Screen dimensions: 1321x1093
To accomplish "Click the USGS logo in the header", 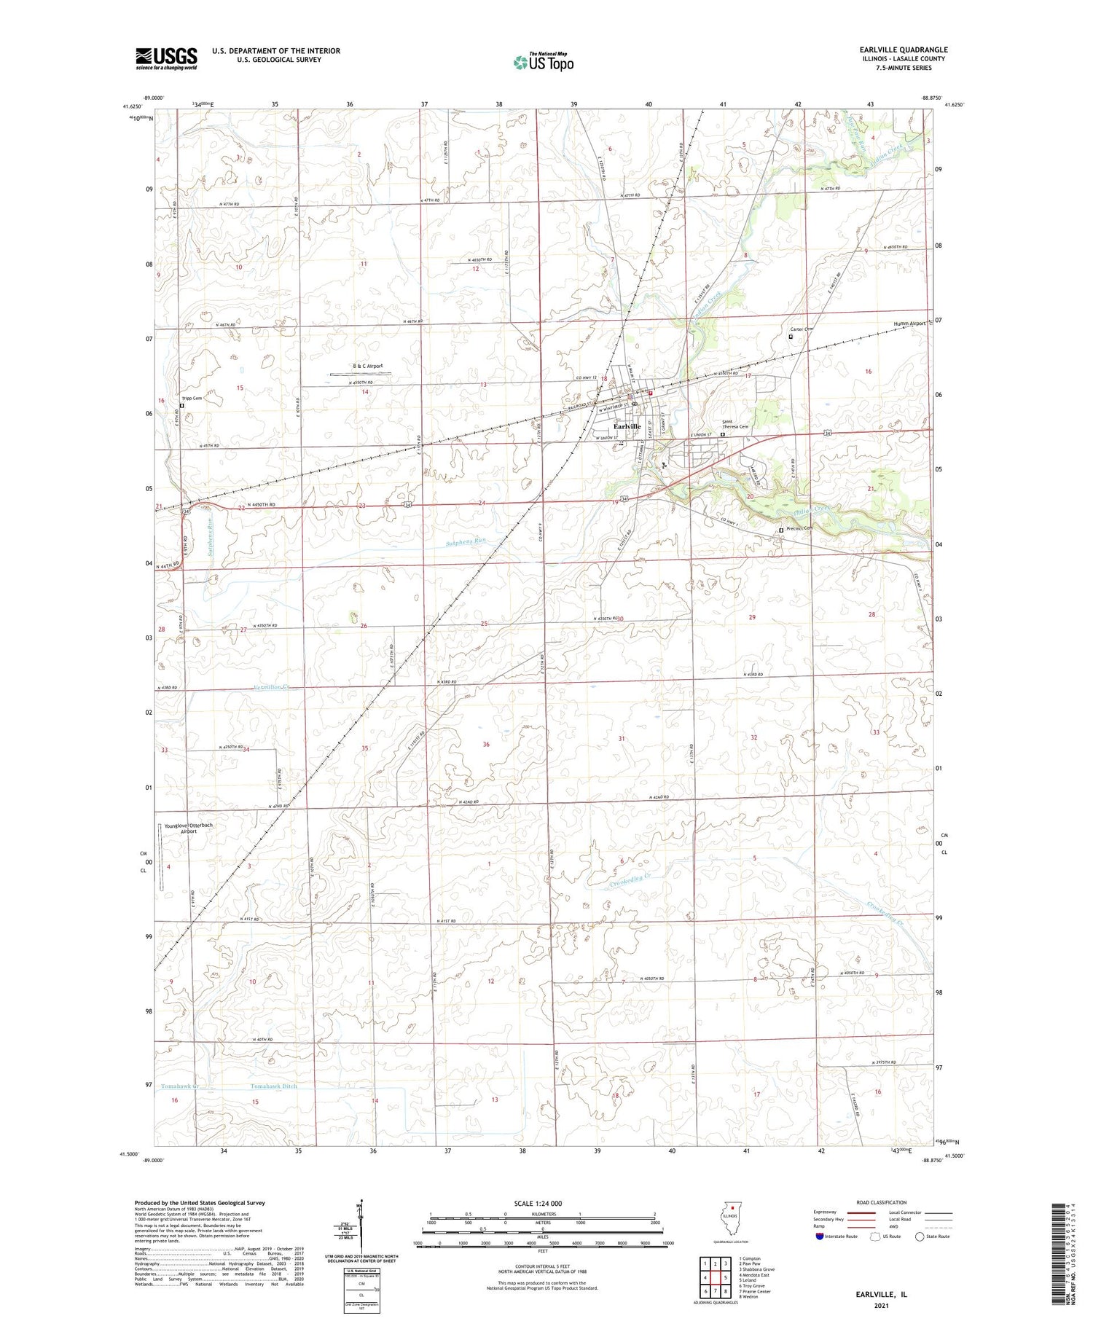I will pyautogui.click(x=166, y=58).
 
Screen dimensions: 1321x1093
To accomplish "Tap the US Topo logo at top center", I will pyautogui.click(x=543, y=63).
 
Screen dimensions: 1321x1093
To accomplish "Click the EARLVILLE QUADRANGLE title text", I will pyautogui.click(x=904, y=50).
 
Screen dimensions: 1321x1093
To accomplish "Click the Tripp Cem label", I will pyautogui.click(x=192, y=399).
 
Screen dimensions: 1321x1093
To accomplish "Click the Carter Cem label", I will pyautogui.click(x=802, y=329).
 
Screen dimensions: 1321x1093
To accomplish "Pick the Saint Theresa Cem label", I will pyautogui.click(x=734, y=424).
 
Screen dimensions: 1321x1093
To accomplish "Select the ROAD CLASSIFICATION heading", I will pyautogui.click(x=882, y=1203).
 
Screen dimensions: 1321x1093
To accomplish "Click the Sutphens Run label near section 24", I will pyautogui.click(x=465, y=541).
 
